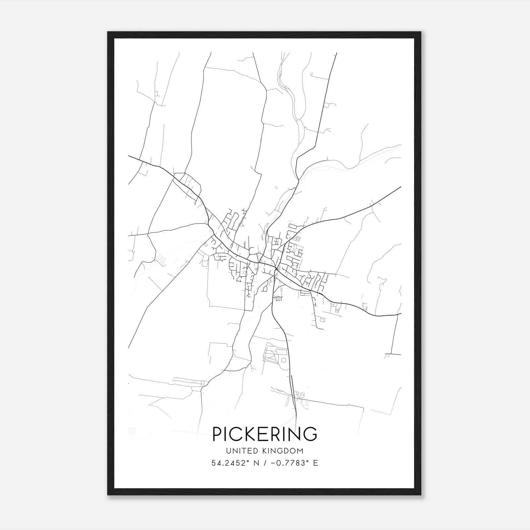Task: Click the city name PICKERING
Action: tap(265, 434)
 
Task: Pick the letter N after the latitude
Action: tap(256, 463)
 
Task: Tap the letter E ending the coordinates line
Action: tap(315, 463)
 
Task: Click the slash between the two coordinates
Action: tap(265, 463)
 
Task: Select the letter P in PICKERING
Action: tap(217, 434)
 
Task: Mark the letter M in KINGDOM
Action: tap(300, 451)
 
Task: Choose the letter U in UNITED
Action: tap(229, 451)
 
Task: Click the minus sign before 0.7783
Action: tap(273, 463)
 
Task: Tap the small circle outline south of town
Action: tap(283, 360)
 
